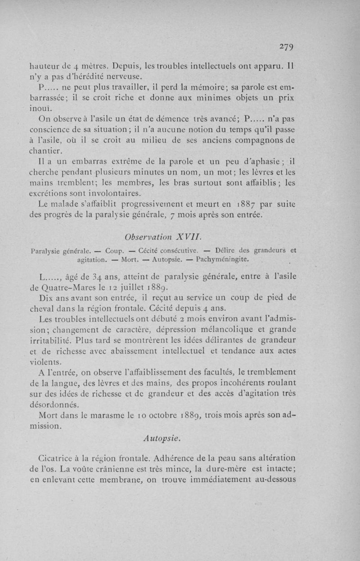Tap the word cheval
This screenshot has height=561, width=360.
44,309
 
